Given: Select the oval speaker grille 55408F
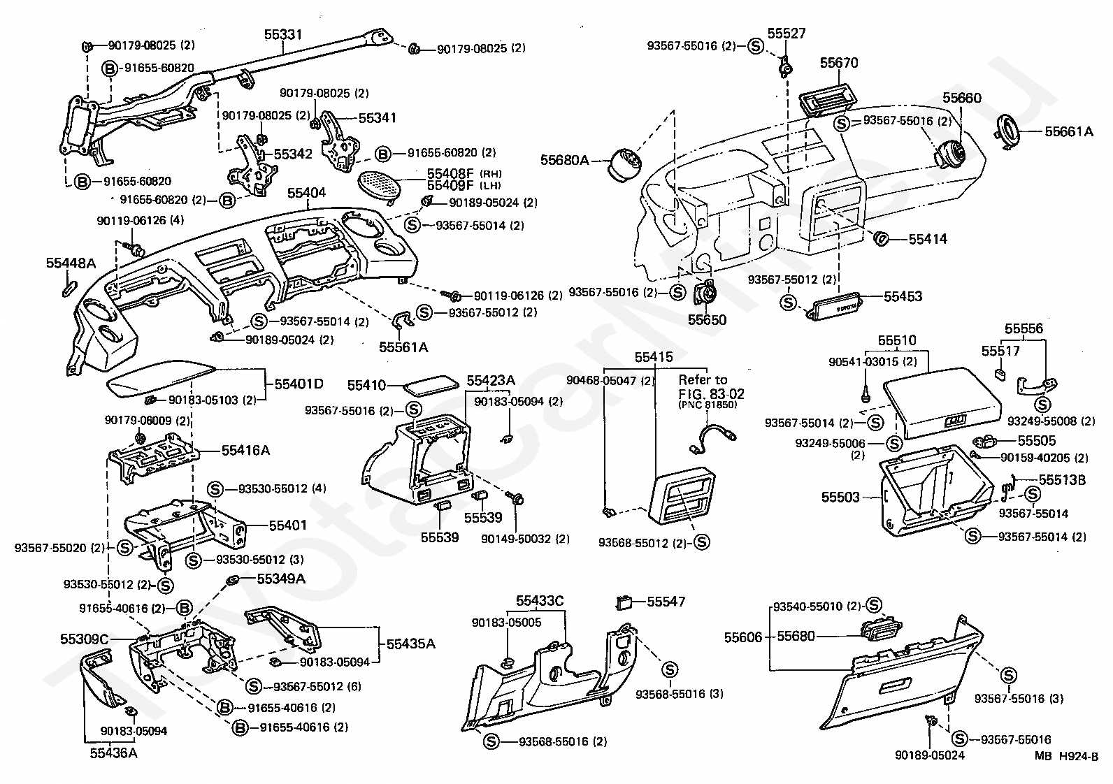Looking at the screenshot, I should point(380,185).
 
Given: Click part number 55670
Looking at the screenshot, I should point(839,63).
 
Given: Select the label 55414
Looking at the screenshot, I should point(928,239).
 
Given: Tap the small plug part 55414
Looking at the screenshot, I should point(882,239).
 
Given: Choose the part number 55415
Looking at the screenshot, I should point(654,357).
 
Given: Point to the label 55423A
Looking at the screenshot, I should point(491,381).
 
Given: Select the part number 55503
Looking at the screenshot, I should point(840,497).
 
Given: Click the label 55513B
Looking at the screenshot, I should point(1062,480).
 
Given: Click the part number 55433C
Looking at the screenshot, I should point(540,601).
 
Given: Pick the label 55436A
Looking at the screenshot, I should point(114,753).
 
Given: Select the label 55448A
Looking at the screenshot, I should point(71,263).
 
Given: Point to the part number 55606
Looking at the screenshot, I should point(742,637).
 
